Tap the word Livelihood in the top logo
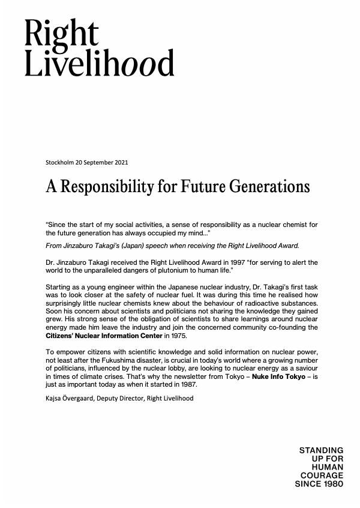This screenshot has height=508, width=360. coord(99,63)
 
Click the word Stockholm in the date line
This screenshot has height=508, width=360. coord(59,162)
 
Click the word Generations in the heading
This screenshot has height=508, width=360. coord(274,187)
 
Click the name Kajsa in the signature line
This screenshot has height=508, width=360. coord(54,398)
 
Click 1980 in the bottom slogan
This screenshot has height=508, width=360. coord(332,483)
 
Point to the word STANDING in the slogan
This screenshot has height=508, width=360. coord(321,450)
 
